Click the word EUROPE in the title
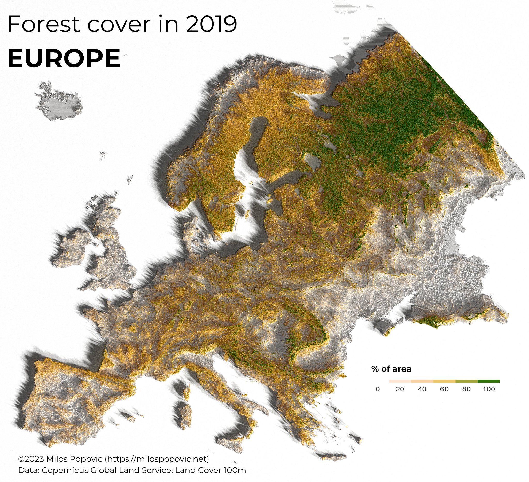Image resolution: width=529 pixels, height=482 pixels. click(x=64, y=58)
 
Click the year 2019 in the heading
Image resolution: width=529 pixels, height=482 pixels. click(x=212, y=24)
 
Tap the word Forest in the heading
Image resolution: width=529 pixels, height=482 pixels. click(x=44, y=24)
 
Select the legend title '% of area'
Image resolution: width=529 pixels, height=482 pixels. click(x=391, y=369)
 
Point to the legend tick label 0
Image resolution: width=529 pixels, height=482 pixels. click(x=378, y=389)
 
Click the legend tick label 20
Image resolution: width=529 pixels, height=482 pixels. click(x=400, y=389)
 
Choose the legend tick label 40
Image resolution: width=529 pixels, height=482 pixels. click(x=422, y=389)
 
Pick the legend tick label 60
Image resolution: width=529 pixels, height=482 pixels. click(x=444, y=389)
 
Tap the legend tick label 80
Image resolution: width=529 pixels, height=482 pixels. click(x=466, y=389)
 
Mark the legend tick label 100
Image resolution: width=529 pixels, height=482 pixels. click(x=489, y=389)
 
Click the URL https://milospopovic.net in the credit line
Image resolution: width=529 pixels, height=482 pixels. click(x=157, y=459)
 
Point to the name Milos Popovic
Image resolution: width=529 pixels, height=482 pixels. click(x=74, y=459)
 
